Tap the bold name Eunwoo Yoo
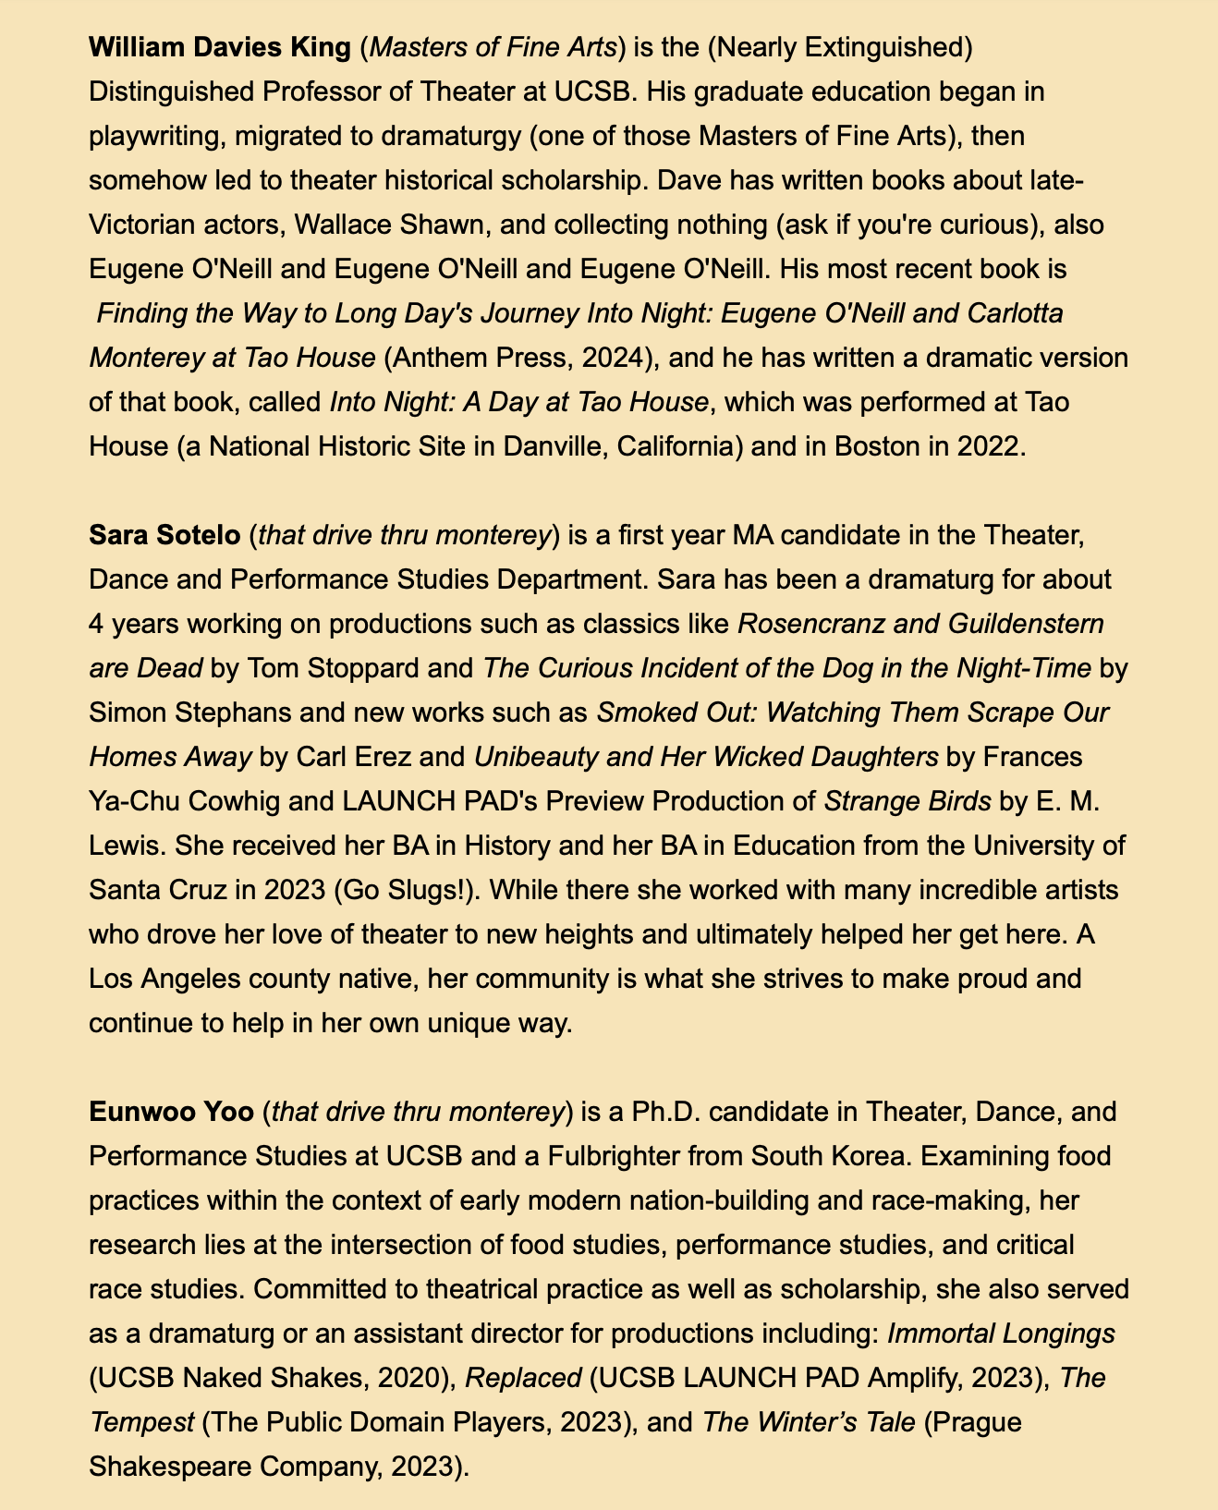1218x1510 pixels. pyautogui.click(x=171, y=1113)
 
